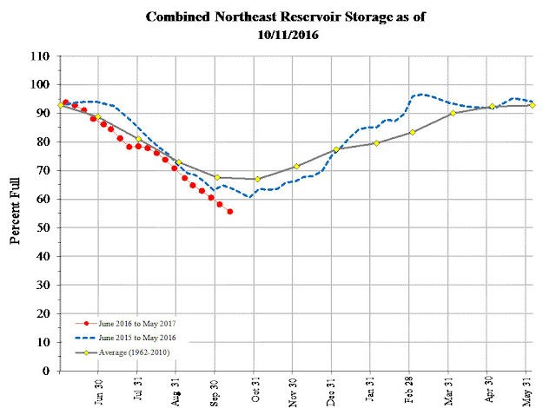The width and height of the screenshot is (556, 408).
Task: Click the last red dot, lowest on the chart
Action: [x=229, y=211]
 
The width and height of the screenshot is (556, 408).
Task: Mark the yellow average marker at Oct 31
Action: [x=257, y=179]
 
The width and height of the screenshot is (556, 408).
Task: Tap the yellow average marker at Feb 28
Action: [x=412, y=132]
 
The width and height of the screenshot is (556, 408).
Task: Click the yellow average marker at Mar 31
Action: [x=453, y=113]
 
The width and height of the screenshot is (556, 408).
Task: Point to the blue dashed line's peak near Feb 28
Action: [x=421, y=94]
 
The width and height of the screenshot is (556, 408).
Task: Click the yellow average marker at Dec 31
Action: [x=335, y=149]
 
